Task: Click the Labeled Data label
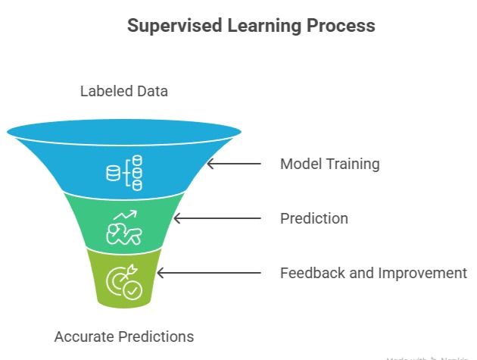click(124, 92)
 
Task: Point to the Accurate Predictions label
click(124, 336)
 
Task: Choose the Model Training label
click(329, 164)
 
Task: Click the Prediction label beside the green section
click(314, 218)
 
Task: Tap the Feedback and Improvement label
click(373, 273)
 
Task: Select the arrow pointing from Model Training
click(234, 164)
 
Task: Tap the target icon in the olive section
click(123, 280)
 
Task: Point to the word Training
click(352, 164)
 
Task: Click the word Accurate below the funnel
click(83, 336)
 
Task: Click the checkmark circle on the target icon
click(132, 290)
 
